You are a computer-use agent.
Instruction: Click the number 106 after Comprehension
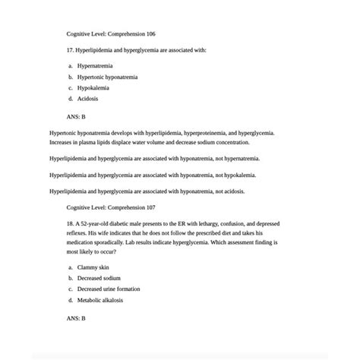point(150,34)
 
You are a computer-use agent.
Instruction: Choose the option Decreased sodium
point(99,278)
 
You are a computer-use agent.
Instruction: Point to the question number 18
point(71,224)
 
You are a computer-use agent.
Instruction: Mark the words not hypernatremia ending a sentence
point(232,159)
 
